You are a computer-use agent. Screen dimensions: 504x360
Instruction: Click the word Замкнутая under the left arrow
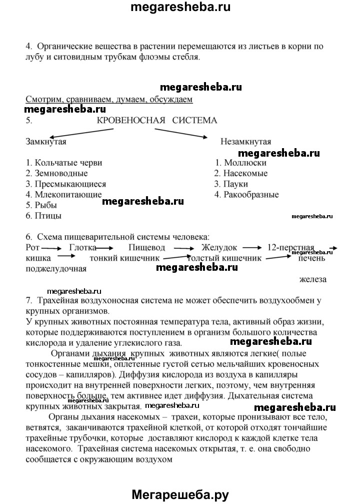tap(46, 141)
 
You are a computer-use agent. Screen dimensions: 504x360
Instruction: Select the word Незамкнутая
tap(246, 141)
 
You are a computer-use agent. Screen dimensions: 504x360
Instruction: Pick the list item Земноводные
tap(56, 173)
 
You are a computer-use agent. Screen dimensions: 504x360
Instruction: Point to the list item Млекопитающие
tap(63, 194)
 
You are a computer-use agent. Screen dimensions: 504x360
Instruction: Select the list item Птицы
tap(43, 216)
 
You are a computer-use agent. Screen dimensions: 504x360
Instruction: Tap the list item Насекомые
tap(241, 173)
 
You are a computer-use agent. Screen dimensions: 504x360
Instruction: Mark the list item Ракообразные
tap(246, 194)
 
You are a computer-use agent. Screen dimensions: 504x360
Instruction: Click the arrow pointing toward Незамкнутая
tap(181, 133)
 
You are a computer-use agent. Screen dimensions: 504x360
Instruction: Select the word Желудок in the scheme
tap(219, 247)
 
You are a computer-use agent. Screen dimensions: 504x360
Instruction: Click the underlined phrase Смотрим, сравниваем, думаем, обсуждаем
tap(108, 99)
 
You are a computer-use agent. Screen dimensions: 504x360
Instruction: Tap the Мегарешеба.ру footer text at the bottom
tap(180, 494)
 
